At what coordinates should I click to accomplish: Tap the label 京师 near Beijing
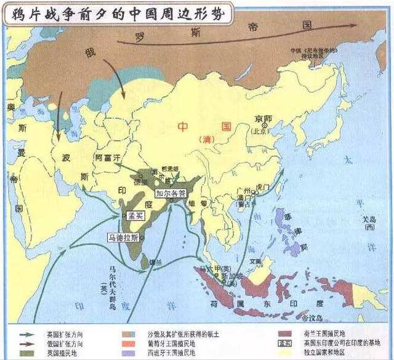click(x=264, y=118)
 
